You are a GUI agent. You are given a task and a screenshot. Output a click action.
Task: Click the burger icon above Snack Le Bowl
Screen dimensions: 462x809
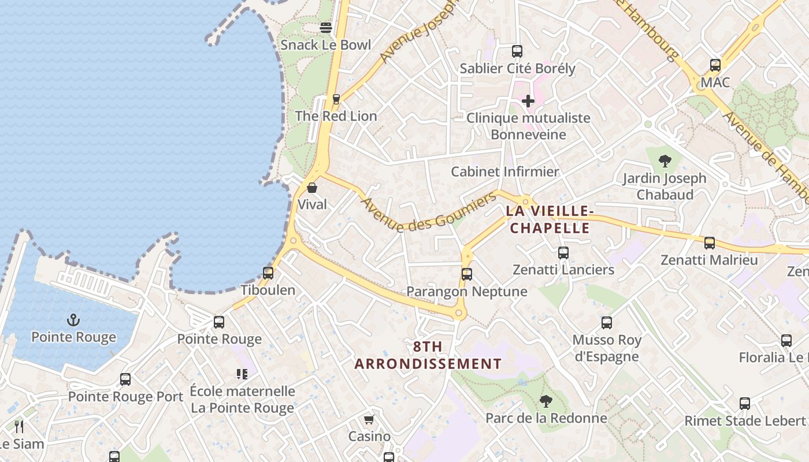(x=326, y=28)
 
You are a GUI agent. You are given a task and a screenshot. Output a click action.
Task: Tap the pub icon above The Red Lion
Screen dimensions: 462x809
(x=336, y=99)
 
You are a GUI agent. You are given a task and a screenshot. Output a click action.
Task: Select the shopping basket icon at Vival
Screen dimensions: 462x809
(x=312, y=188)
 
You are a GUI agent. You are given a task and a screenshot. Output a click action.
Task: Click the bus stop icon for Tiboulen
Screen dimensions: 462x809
(x=268, y=273)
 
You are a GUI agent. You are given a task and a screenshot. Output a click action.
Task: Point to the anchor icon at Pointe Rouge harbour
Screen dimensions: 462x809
(x=73, y=320)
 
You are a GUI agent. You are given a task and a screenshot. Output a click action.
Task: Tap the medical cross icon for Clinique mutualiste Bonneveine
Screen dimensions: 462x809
(x=528, y=101)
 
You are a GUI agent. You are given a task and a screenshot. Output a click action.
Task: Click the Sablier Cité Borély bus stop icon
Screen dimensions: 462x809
(x=517, y=51)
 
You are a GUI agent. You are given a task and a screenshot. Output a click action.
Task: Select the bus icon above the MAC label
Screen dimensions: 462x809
(x=715, y=65)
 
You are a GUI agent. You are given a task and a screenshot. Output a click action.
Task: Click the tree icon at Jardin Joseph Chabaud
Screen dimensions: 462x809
(x=665, y=161)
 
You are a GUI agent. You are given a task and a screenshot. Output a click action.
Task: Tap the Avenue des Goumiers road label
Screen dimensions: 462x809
(x=429, y=213)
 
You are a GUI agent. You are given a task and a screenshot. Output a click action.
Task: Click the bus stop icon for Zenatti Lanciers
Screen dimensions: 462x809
(x=563, y=253)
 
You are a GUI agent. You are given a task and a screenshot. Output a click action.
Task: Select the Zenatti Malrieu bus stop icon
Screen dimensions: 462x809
(x=710, y=243)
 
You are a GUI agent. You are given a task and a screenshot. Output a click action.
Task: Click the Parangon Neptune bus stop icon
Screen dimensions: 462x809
(x=467, y=274)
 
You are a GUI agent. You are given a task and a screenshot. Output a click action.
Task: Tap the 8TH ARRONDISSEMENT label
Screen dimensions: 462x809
(x=428, y=355)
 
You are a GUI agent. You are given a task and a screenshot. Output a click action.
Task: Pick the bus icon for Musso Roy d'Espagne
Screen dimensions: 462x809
(x=607, y=323)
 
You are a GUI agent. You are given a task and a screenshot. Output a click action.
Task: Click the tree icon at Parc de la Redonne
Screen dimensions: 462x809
(x=545, y=401)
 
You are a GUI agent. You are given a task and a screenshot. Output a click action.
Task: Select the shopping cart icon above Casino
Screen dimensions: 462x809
(x=369, y=419)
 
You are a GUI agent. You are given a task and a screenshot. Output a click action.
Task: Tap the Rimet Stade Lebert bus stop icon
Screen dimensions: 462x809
(x=745, y=404)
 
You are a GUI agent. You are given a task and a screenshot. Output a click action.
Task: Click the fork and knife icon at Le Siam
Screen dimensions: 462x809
(x=20, y=427)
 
